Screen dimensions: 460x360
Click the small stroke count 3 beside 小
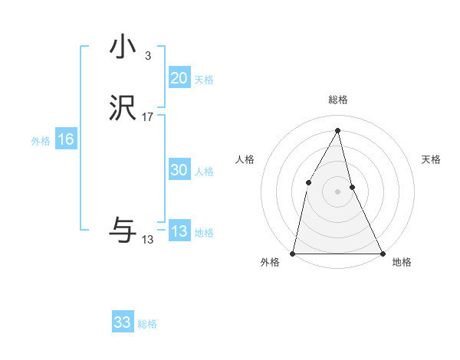pos(147,55)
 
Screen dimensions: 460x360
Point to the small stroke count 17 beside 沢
pos(147,117)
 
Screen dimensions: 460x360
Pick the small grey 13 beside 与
pos(147,240)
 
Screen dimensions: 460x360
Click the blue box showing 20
pos(179,78)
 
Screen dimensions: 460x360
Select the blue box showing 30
pos(179,170)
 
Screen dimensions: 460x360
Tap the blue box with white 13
pos(179,231)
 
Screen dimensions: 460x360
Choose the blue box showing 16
pos(65,139)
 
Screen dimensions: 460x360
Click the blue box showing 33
pos(122,322)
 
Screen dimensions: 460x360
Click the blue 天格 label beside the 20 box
pos(203,80)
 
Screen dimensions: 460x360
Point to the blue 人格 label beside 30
pos(204,172)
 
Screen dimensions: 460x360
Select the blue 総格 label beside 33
pos(147,324)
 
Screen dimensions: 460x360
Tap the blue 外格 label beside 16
pos(41,141)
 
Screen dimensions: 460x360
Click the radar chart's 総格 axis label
pos(337,100)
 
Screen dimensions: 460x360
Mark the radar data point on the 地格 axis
pos(382,253)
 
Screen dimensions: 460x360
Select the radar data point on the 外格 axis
pos(293,253)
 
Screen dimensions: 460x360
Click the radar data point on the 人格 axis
pos(308,182)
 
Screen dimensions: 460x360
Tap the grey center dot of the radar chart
pos(337,191)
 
